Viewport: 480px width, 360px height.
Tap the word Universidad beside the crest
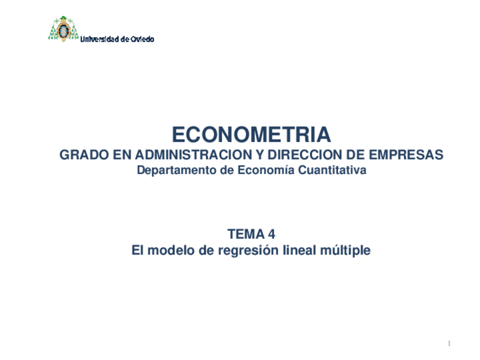coord(100,39)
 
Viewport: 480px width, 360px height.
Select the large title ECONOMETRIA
coord(251,135)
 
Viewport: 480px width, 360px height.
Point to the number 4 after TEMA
coord(272,234)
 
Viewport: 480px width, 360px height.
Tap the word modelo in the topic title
coord(171,250)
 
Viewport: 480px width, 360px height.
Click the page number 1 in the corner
coord(449,344)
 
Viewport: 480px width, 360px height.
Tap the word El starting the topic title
coord(138,250)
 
